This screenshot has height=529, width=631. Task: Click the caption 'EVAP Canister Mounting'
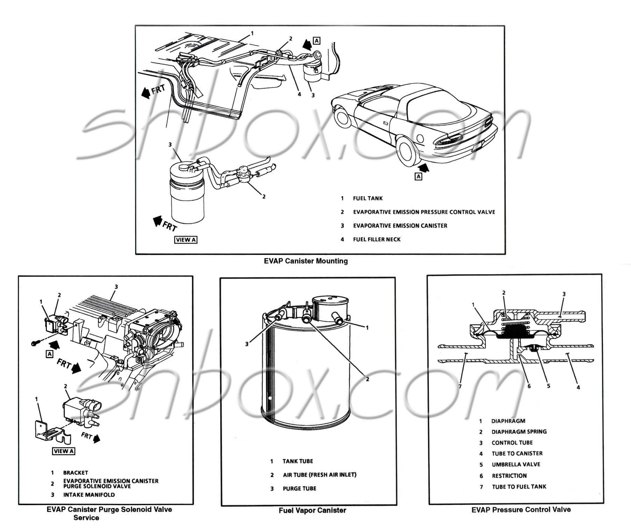click(x=306, y=261)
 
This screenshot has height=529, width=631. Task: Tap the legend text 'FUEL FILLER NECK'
click(x=377, y=240)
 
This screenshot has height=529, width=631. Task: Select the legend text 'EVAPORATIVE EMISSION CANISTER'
click(x=400, y=226)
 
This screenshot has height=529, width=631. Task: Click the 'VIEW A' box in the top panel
click(x=186, y=240)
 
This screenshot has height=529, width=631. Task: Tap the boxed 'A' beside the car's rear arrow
click(x=418, y=177)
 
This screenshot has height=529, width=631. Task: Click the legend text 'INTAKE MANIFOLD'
click(x=89, y=495)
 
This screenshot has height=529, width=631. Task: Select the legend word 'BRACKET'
click(x=76, y=473)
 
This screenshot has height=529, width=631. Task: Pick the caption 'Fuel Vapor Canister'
click(x=312, y=510)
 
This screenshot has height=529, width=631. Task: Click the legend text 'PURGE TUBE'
click(x=299, y=488)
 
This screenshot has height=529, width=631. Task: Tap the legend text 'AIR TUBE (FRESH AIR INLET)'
click(x=320, y=475)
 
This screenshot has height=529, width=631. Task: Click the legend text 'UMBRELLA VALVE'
click(x=516, y=465)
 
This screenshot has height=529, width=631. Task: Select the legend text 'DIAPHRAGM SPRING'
click(x=519, y=432)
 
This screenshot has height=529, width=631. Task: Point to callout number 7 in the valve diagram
click(x=460, y=386)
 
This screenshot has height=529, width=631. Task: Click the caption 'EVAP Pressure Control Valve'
click(x=521, y=510)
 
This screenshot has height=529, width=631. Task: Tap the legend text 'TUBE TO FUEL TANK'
click(x=519, y=487)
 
